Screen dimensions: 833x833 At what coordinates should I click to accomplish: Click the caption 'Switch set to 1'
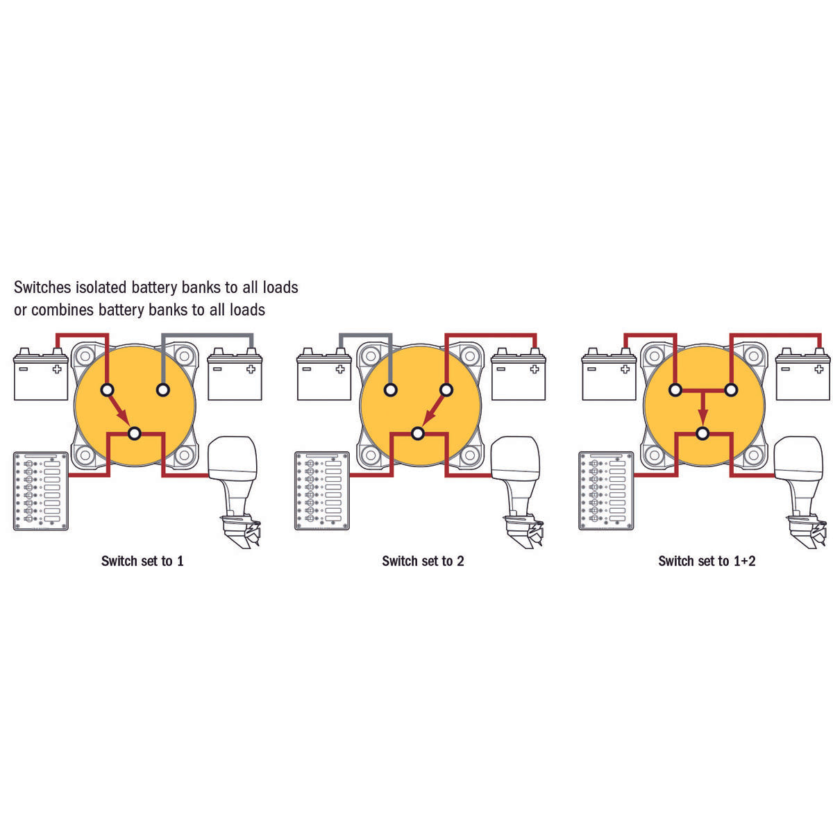(x=142, y=561)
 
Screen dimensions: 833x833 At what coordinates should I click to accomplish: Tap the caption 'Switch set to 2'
(x=423, y=561)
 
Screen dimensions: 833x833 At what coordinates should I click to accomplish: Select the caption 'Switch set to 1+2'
(x=707, y=561)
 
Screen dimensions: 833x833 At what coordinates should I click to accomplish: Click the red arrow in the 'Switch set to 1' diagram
(x=119, y=408)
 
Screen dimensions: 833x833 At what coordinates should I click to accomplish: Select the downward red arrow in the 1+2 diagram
(x=703, y=408)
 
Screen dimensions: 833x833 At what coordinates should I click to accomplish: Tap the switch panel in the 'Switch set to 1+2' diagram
(x=606, y=491)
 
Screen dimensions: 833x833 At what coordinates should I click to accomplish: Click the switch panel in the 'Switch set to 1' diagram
(x=41, y=491)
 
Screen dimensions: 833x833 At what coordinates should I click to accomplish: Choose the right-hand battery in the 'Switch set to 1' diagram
(x=235, y=374)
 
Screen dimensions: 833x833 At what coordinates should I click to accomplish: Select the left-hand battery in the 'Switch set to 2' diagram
(x=324, y=374)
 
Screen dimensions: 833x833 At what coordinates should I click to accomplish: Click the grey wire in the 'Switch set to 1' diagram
(x=207, y=335)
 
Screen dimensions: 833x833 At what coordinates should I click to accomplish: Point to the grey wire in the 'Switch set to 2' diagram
(x=365, y=335)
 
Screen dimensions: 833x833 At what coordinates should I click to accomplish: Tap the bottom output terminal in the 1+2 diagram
(x=703, y=433)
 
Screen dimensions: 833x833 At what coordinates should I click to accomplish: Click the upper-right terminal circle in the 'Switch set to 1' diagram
(x=163, y=390)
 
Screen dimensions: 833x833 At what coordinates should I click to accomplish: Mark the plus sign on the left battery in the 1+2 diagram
(x=625, y=369)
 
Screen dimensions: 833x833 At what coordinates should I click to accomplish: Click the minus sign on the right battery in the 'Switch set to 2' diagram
(x=501, y=369)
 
